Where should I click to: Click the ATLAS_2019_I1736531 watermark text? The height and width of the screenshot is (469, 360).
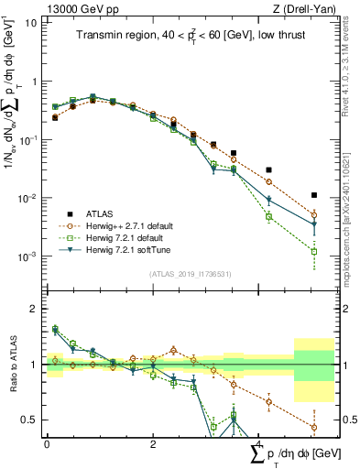pos(189,274)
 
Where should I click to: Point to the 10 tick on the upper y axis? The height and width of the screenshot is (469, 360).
pos(31,22)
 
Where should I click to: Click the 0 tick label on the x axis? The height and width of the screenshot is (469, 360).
pos(47,443)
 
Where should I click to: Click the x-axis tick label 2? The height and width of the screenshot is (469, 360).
pos(152,443)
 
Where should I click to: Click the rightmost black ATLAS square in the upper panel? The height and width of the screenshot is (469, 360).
pos(314,195)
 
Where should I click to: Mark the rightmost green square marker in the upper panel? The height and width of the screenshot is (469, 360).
pos(314,251)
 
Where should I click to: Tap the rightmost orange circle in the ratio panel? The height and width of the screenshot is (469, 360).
pos(314,427)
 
